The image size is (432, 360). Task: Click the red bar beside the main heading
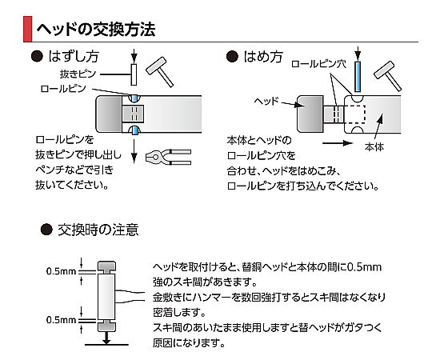click(27, 29)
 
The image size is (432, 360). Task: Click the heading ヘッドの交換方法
click(96, 29)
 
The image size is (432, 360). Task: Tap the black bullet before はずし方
click(37, 56)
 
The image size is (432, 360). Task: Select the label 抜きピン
click(78, 74)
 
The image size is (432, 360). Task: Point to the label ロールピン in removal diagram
click(63, 89)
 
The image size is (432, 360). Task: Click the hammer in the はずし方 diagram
click(160, 71)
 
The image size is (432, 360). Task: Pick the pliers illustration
click(168, 158)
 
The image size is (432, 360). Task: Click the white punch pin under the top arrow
click(134, 74)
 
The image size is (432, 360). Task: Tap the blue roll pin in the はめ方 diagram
click(358, 77)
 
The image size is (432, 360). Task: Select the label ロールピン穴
click(318, 64)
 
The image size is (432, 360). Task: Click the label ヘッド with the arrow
click(266, 101)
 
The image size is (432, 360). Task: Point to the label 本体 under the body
click(374, 147)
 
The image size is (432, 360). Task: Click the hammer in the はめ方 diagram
click(388, 75)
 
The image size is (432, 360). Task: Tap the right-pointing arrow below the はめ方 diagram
click(338, 143)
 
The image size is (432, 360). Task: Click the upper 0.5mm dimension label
click(61, 271)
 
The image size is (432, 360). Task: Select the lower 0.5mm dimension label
click(61, 320)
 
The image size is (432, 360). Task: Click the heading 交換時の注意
click(98, 230)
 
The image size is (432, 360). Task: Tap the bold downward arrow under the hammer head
click(106, 338)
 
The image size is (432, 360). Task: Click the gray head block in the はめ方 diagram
click(310, 114)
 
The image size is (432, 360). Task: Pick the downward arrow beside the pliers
click(134, 151)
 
